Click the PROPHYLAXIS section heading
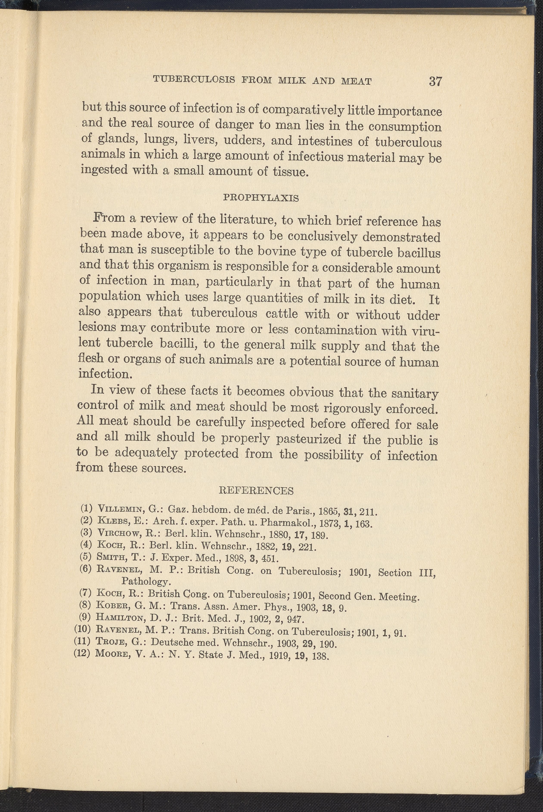(261, 198)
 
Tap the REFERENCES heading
(257, 490)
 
